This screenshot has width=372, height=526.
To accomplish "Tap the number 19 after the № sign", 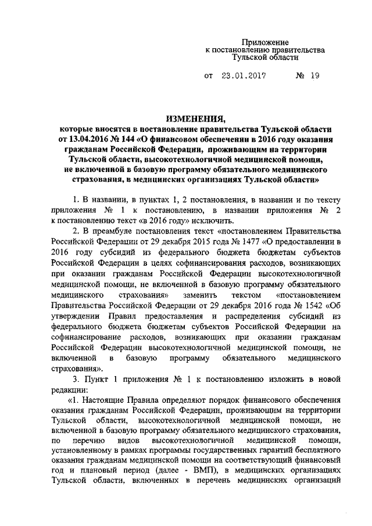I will point(299,76).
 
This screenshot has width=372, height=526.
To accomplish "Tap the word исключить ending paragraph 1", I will point(214,220).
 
